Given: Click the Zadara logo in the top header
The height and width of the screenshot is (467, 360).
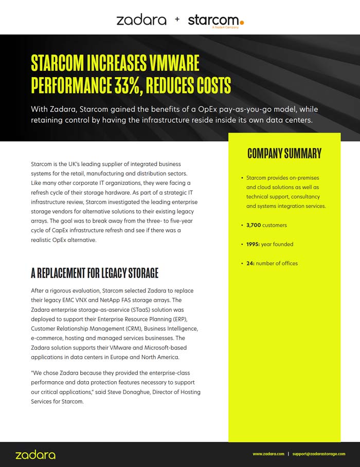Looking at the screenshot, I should [141, 20].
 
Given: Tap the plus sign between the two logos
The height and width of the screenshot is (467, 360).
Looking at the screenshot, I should [177, 20].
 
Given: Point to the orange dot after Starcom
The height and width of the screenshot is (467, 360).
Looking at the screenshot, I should [242, 22].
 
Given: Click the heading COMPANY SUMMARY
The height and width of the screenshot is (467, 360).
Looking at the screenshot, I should [284, 153].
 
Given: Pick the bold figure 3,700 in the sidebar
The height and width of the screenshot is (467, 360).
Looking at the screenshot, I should [254, 225].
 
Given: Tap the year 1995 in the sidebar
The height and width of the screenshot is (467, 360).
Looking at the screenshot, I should [253, 244].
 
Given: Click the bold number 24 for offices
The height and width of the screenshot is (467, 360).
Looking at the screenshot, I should [250, 263].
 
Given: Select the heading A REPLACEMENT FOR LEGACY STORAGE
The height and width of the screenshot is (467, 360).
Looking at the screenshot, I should [95, 273].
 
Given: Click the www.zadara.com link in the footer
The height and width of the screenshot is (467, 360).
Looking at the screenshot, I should [268, 454].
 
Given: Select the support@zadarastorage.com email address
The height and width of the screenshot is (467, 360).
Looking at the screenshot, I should [318, 454].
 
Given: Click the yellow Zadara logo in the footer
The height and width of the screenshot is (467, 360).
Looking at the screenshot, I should [35, 455].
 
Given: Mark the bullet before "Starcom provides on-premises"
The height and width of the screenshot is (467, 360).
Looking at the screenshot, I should [241, 178].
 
